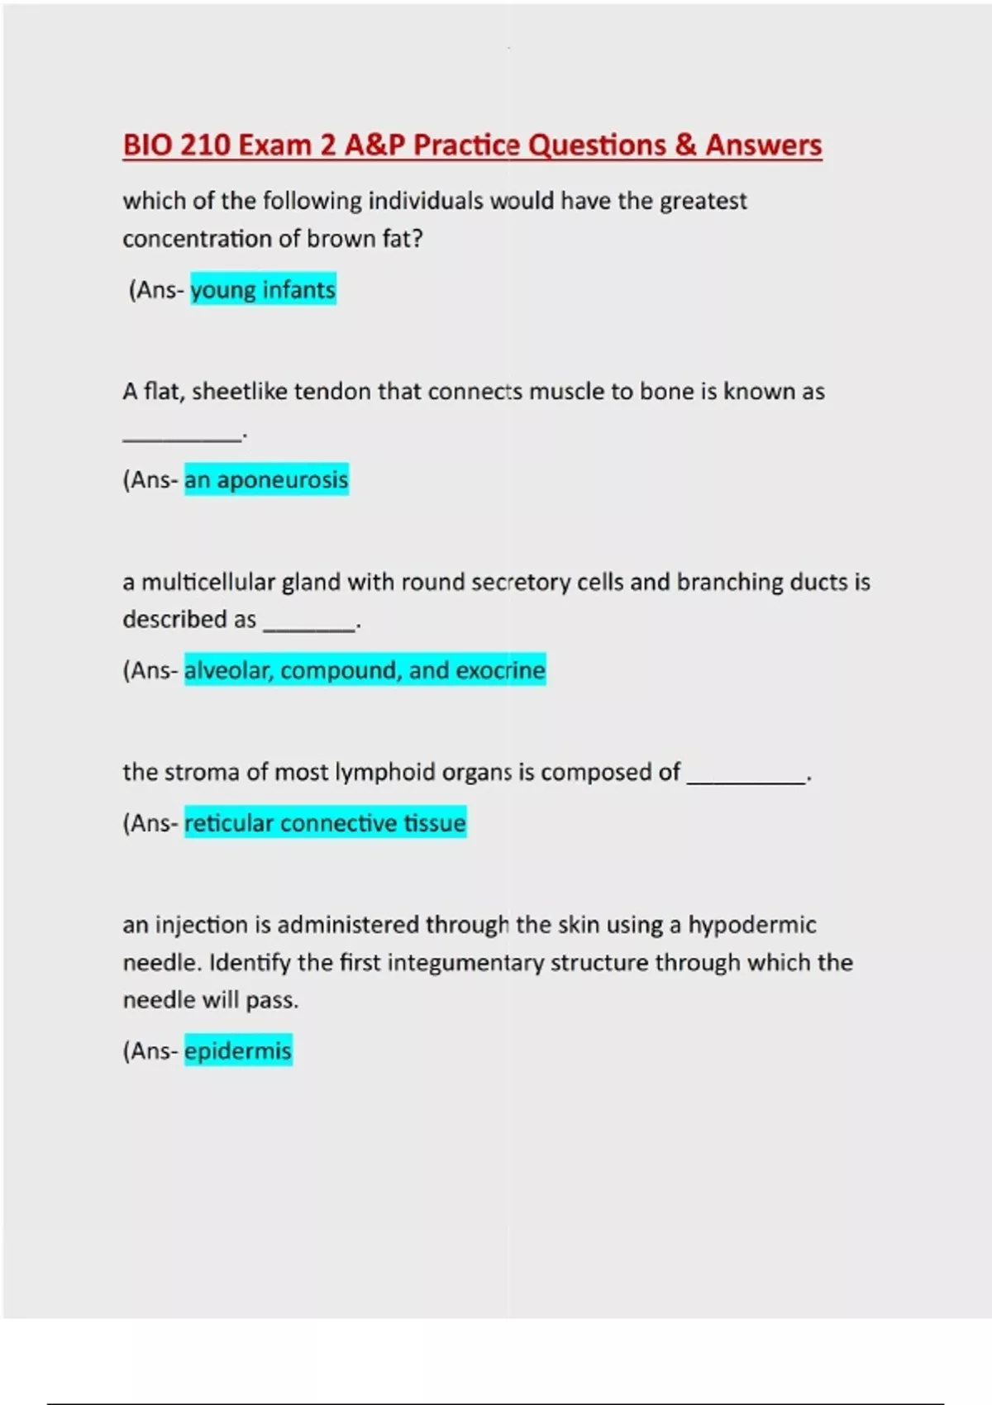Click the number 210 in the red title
(x=204, y=145)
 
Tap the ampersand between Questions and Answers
(x=685, y=145)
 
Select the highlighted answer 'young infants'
(x=263, y=290)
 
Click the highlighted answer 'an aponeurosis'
(x=266, y=480)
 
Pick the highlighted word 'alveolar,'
(x=229, y=670)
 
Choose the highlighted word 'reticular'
(x=228, y=823)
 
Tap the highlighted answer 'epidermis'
(x=238, y=1051)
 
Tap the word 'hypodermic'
(x=752, y=925)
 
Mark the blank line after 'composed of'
(x=746, y=780)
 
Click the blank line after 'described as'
(x=309, y=628)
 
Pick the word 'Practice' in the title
(x=467, y=145)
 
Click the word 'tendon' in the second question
(x=333, y=391)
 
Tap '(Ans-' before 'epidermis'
(x=150, y=1051)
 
